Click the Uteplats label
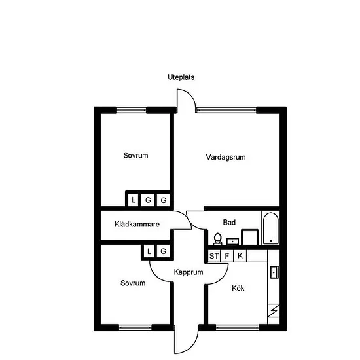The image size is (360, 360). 181,77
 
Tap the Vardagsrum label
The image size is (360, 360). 226,157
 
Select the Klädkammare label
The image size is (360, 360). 137,224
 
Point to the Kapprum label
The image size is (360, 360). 189,272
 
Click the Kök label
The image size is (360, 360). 238,288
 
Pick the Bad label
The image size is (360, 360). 229,223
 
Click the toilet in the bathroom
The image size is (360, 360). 218,239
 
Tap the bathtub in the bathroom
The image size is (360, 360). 271,228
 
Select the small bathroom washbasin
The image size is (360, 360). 232,242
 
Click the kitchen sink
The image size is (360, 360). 275,272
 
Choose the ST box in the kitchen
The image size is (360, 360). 214,256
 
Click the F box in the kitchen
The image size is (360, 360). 227,256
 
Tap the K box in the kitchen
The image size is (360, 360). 240,256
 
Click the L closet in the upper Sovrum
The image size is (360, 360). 133,200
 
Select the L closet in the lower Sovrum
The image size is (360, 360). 149,251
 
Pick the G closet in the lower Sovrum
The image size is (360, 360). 163,251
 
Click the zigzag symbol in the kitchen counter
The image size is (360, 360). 274,311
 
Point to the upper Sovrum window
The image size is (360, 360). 131,110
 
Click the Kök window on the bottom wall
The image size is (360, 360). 238,327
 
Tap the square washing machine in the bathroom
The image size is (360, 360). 249,237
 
